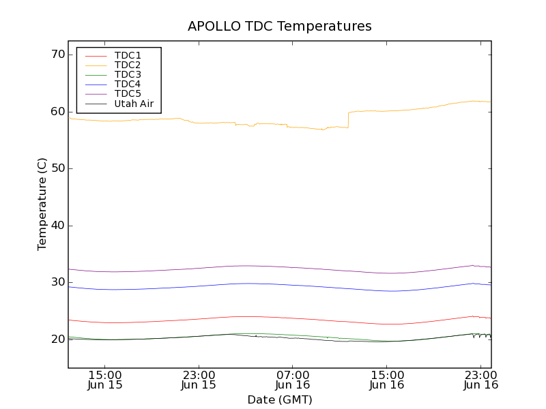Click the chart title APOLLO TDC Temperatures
pyautogui.click(x=280, y=27)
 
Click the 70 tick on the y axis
pyautogui.click(x=57, y=55)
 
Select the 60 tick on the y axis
pyautogui.click(x=57, y=112)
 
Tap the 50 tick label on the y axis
pyautogui.click(x=57, y=168)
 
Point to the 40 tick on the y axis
pyautogui.click(x=57, y=226)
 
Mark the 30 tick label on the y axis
pyautogui.click(x=57, y=282)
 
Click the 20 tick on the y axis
pyautogui.click(x=57, y=339)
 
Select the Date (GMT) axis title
pyautogui.click(x=280, y=399)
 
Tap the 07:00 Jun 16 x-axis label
pyautogui.click(x=293, y=380)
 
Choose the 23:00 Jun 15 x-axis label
pyautogui.click(x=199, y=380)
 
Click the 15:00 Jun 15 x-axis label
pyautogui.click(x=105, y=380)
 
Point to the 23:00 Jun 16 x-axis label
pyautogui.click(x=480, y=380)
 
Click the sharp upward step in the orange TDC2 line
pyautogui.click(x=348, y=120)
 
